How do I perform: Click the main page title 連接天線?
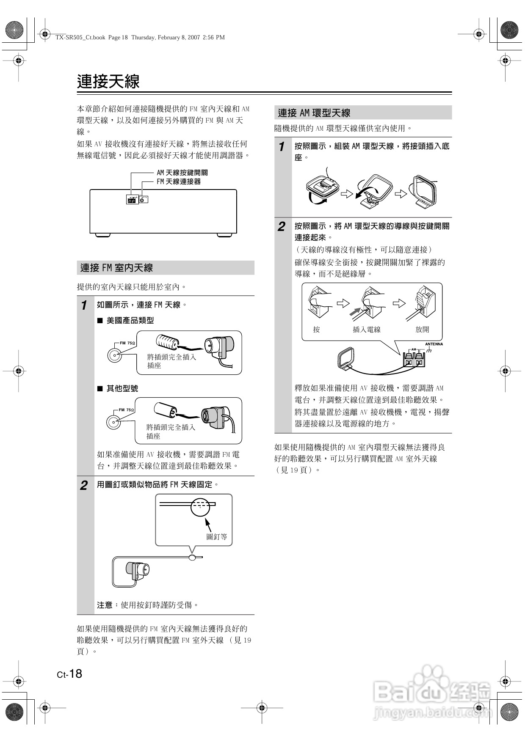[x=108, y=81]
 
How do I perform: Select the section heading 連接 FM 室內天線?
[x=117, y=268]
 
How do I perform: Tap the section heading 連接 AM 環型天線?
[x=314, y=113]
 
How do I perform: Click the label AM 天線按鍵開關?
[x=182, y=173]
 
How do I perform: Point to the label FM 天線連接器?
[x=179, y=181]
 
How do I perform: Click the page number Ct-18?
[x=70, y=674]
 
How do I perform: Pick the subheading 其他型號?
[x=122, y=388]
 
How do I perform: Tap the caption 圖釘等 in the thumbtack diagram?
[x=216, y=536]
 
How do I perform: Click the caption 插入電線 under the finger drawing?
[x=367, y=329]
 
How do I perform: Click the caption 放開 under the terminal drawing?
[x=422, y=329]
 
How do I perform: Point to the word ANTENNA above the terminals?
[x=434, y=344]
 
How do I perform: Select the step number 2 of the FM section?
[x=84, y=485]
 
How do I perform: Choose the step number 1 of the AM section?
[x=282, y=147]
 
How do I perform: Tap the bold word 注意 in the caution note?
[x=105, y=605]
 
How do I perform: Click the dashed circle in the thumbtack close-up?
[x=200, y=507]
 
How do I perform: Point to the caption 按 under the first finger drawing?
[x=316, y=329]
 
